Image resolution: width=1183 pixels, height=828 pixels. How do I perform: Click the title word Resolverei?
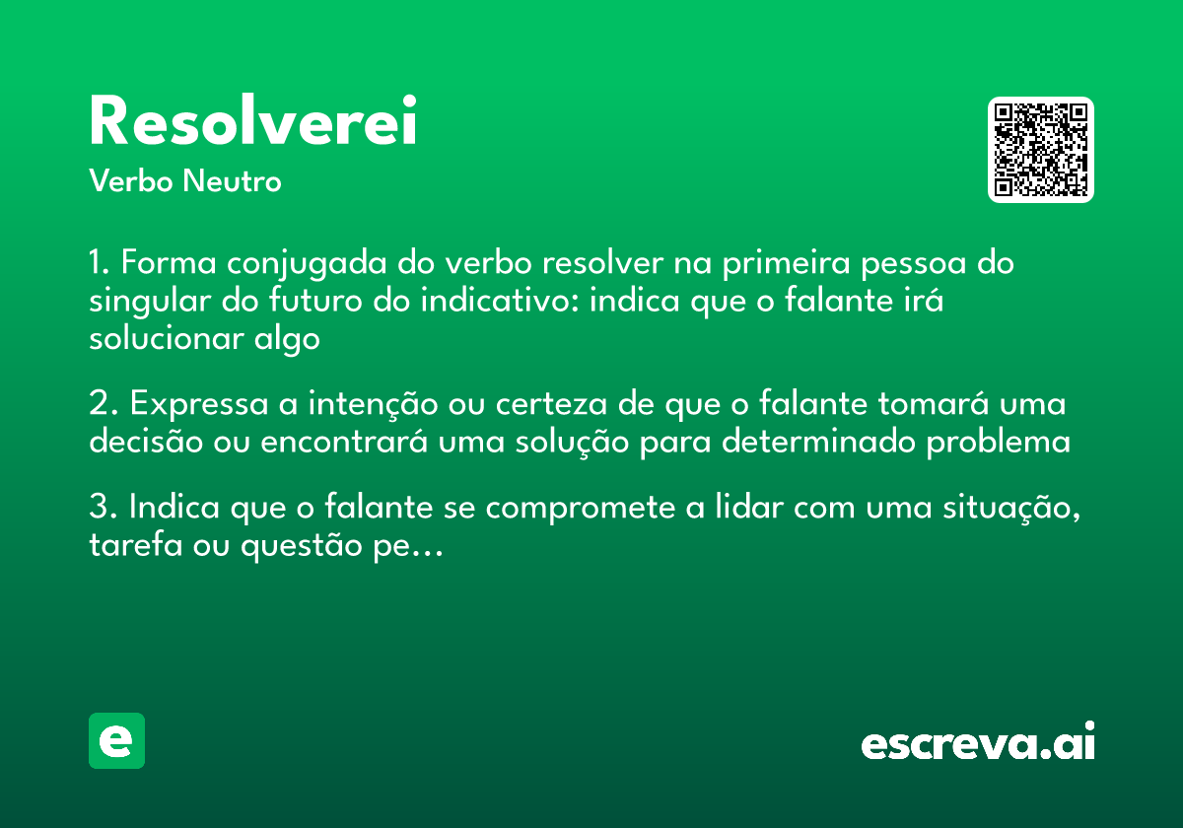[253, 122]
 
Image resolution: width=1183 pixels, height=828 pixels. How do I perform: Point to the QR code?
[1041, 150]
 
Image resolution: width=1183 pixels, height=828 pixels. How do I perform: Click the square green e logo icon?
[116, 740]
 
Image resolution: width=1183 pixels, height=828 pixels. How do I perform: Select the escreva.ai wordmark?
[978, 742]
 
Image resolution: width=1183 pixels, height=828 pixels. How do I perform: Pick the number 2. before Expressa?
[104, 404]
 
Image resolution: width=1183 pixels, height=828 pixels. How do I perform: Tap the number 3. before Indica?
[104, 508]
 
